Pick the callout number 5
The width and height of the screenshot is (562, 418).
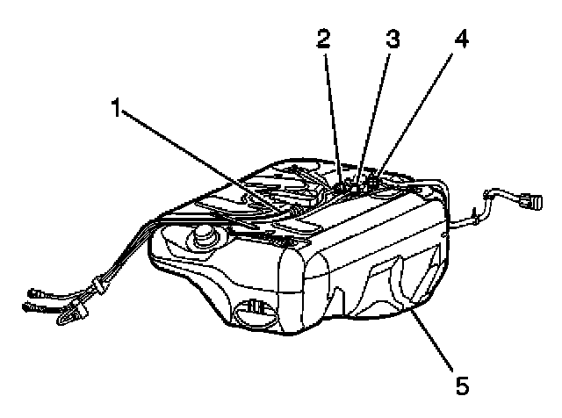click(460, 384)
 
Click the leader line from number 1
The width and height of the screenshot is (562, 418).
click(202, 158)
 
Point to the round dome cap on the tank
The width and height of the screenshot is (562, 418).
click(205, 235)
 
